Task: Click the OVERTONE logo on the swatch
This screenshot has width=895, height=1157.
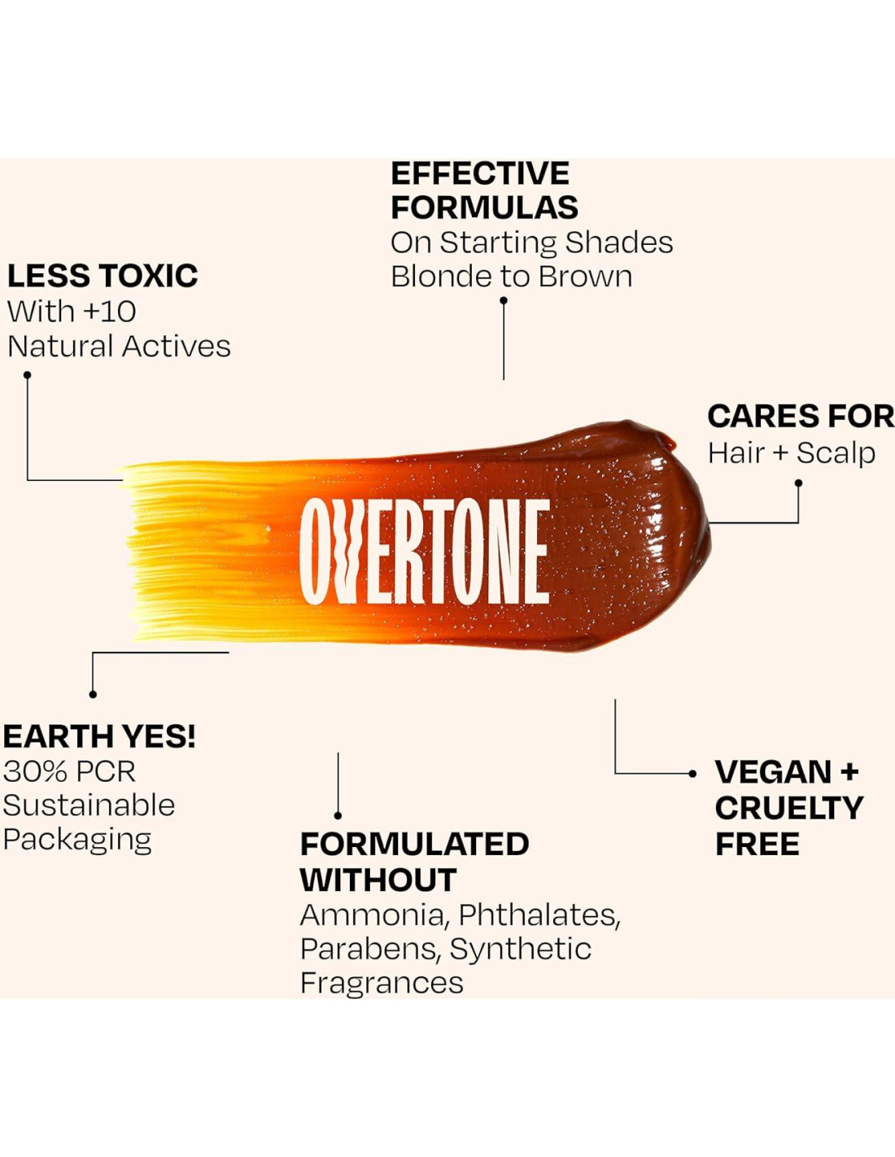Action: pyautogui.click(x=425, y=552)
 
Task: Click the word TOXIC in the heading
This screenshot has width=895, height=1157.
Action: pyautogui.click(x=149, y=276)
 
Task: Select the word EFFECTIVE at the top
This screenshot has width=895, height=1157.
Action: pyautogui.click(x=480, y=173)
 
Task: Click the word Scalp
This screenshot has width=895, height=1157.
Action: pyautogui.click(x=836, y=454)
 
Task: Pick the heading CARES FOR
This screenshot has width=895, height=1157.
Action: pyautogui.click(x=801, y=416)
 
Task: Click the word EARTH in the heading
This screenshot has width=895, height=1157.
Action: pyautogui.click(x=59, y=737)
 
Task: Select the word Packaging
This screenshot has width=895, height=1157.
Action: pyautogui.click(x=78, y=840)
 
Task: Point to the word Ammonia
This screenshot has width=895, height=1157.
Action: pyautogui.click(x=372, y=915)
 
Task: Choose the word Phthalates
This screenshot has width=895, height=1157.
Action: pyautogui.click(x=539, y=915)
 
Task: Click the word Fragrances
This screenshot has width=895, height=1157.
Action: pyautogui.click(x=382, y=983)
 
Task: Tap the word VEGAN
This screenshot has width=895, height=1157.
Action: pyautogui.click(x=773, y=772)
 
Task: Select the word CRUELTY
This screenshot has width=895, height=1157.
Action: pyautogui.click(x=789, y=808)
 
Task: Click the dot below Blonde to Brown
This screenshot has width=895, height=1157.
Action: pyautogui.click(x=503, y=300)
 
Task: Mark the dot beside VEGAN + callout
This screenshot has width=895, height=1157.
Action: pyautogui.click(x=692, y=774)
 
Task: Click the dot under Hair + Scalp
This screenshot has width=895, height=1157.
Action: pyautogui.click(x=798, y=483)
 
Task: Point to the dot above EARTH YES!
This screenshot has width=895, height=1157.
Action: pyautogui.click(x=93, y=694)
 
